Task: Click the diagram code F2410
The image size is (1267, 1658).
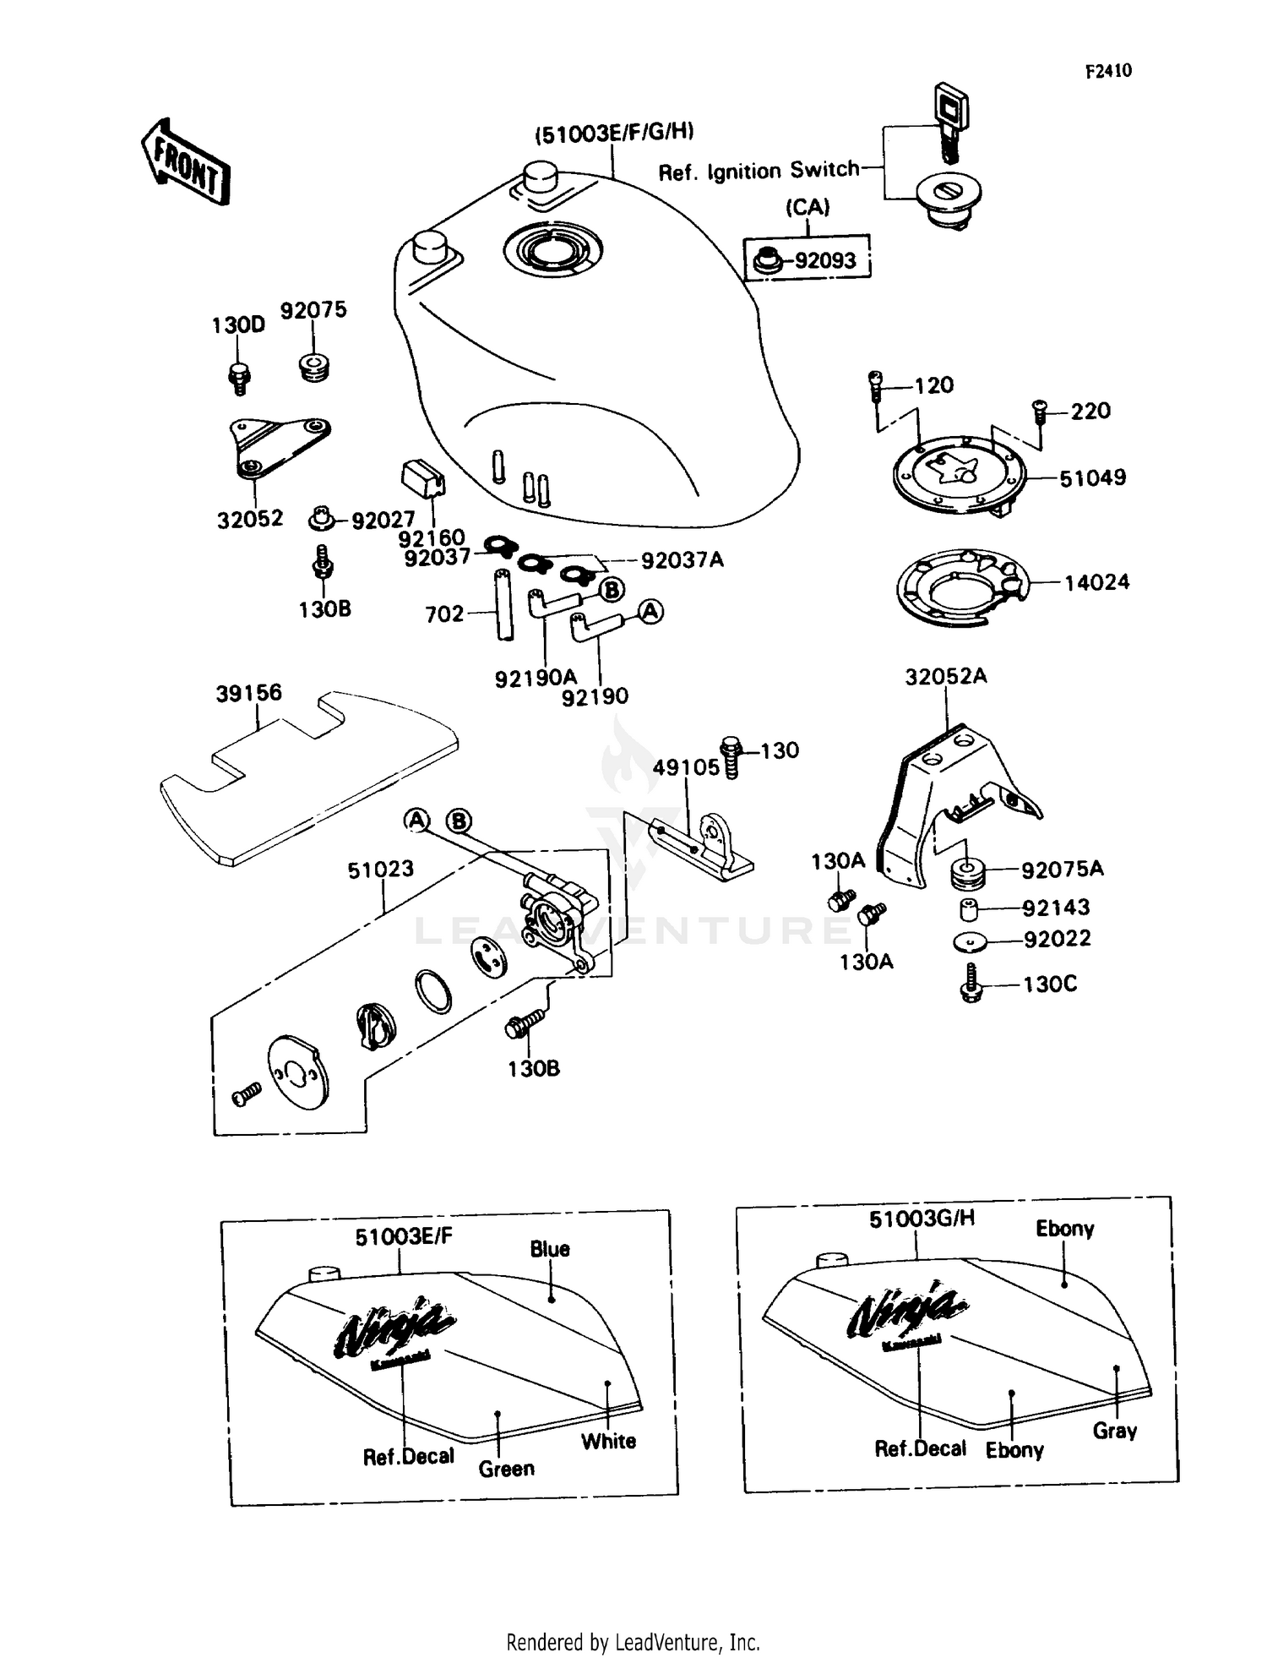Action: point(1107,71)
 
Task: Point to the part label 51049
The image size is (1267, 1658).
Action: point(1092,478)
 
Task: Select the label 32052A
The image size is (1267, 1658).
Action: point(945,677)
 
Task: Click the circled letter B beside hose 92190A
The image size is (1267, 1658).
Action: point(611,589)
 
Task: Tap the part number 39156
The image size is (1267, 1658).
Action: point(248,693)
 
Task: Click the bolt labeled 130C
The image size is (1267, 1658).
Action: point(971,984)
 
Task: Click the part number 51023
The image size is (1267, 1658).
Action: point(380,869)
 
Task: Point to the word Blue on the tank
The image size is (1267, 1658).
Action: point(549,1249)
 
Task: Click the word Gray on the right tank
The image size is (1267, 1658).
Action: point(1114,1431)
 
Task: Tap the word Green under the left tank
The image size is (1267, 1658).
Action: point(506,1469)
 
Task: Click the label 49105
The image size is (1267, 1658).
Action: point(685,767)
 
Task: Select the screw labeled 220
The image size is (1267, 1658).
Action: point(1039,412)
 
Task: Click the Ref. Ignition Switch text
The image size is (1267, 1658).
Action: point(758,172)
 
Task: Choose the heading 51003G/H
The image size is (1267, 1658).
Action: point(922,1219)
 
